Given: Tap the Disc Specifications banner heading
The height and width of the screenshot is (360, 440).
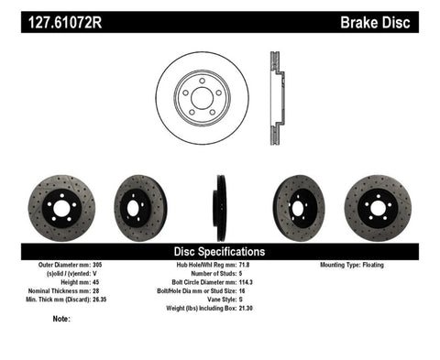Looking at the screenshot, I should (x=220, y=251).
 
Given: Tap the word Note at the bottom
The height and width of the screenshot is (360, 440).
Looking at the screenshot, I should (x=61, y=320).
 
